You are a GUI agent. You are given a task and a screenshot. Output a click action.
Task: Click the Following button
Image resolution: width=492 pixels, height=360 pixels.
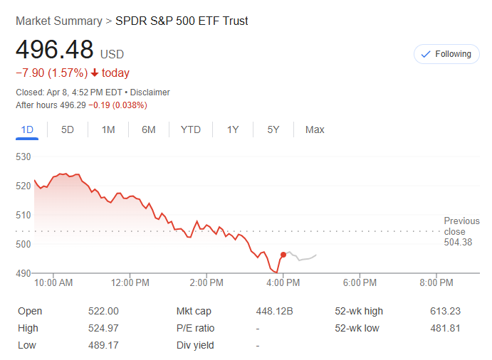point(446,54)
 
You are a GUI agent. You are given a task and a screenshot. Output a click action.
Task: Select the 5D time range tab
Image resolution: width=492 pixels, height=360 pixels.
point(68,129)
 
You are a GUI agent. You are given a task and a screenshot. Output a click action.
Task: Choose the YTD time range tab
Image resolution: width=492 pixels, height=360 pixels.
point(190,129)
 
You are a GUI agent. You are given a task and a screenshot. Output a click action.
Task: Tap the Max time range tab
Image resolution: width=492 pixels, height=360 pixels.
point(315,129)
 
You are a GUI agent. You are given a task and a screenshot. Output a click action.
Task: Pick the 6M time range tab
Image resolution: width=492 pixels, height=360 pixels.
point(149,129)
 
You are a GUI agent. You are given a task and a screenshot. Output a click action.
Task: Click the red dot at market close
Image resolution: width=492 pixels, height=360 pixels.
point(283,255)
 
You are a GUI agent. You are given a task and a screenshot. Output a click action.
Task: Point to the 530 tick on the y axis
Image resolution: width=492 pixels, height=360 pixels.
point(23,157)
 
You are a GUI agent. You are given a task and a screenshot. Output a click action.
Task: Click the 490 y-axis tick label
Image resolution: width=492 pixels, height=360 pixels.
point(23,273)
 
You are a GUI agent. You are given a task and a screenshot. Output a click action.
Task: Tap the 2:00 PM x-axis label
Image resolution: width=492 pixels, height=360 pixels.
point(207,282)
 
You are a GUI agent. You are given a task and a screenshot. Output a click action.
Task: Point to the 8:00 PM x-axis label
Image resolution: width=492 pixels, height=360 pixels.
point(436,282)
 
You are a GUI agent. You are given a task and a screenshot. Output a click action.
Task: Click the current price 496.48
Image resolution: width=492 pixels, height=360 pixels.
point(55,50)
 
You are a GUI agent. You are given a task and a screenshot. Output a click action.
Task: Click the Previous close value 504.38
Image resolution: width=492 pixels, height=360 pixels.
point(458,243)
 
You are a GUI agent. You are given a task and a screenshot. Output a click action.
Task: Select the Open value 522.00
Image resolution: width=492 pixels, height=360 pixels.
point(105,311)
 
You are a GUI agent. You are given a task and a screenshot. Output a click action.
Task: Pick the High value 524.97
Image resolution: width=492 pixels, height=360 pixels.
point(105,328)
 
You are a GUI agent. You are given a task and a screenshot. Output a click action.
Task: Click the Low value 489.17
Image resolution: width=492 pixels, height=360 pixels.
point(105,345)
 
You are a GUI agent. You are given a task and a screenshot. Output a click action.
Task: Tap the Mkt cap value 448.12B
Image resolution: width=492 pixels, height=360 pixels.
point(274,311)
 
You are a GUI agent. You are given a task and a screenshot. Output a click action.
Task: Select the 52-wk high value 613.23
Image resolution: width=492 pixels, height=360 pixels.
point(444,311)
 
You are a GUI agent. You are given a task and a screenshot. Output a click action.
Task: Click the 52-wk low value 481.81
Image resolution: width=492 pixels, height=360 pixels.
point(444,328)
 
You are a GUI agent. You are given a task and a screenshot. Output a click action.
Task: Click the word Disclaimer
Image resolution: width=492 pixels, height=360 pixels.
point(150,92)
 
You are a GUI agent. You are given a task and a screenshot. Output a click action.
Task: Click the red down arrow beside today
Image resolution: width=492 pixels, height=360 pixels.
point(95,73)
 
